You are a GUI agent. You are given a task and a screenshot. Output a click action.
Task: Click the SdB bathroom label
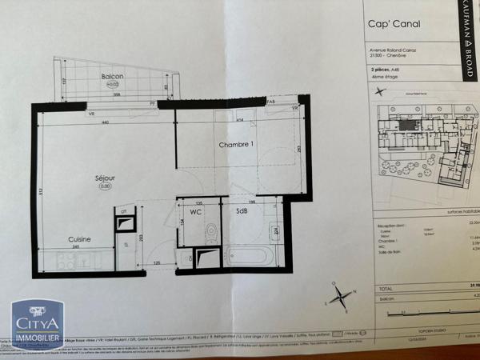(241, 211)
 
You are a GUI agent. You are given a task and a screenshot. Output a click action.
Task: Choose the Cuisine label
(78, 238)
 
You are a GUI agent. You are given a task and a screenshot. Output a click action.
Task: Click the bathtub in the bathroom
(250, 257)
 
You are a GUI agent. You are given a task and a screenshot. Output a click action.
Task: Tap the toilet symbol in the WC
(211, 233)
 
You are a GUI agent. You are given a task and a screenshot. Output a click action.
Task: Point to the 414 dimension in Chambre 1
(239, 120)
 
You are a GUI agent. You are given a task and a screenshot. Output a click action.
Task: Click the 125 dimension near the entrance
(158, 262)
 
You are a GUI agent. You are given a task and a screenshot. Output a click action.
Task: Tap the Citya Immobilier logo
(36, 326)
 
